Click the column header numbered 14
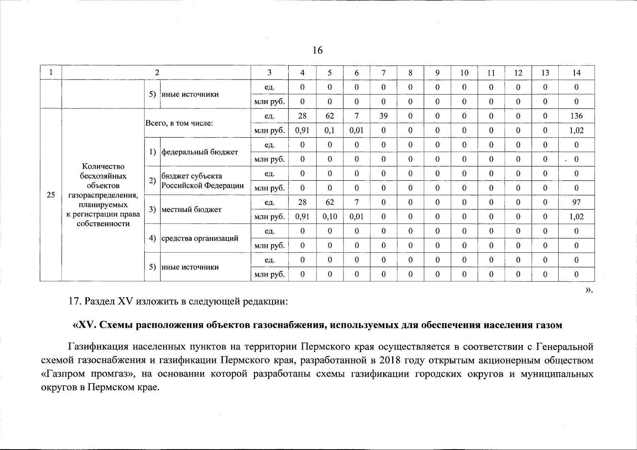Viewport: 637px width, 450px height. coord(576,73)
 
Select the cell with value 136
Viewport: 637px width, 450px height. coord(576,116)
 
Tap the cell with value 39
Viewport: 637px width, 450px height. coord(383,116)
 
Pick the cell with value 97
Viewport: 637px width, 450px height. coord(576,202)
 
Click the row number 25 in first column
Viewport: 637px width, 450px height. coord(51,195)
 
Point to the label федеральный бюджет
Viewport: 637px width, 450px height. coord(199,152)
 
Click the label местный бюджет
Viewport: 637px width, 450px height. coord(191,210)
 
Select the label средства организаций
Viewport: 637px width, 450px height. coord(199,238)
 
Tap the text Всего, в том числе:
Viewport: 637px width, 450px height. coord(179,123)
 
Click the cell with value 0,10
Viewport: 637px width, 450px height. coord(330,217)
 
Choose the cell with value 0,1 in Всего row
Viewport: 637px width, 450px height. coord(330,130)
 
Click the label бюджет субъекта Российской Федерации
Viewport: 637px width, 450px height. coord(202,181)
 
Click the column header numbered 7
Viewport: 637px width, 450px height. coord(383,73)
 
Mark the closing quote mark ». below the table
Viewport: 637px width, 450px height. coord(589,290)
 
